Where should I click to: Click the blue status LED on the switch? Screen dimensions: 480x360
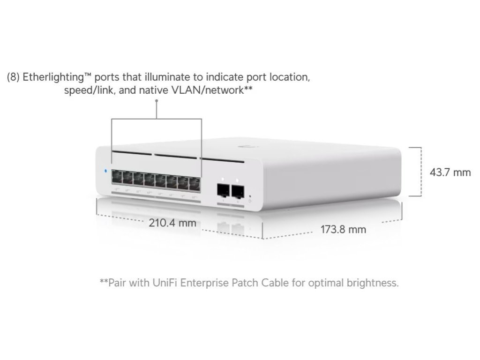pyautogui.click(x=106, y=171)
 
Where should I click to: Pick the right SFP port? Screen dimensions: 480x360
pyautogui.click(x=239, y=191)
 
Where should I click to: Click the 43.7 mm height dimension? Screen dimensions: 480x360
pyautogui.click(x=450, y=172)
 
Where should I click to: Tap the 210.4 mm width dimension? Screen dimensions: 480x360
pyautogui.click(x=172, y=223)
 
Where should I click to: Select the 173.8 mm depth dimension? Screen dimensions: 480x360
pyautogui.click(x=343, y=230)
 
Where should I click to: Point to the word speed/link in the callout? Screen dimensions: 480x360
pyautogui.click(x=90, y=90)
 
